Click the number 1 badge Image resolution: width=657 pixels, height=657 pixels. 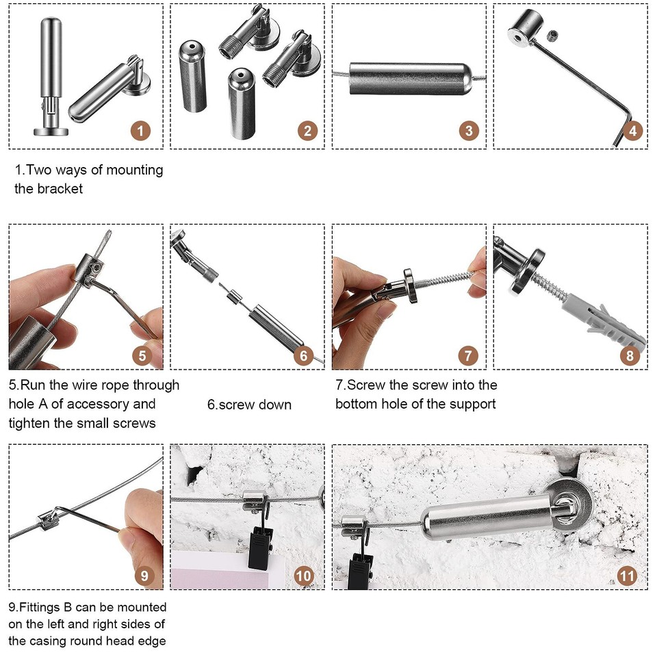[140, 130]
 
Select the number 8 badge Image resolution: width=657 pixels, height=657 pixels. [630, 356]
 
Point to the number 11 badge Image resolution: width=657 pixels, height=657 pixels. [627, 576]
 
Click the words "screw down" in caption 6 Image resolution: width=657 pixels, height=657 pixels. [249, 404]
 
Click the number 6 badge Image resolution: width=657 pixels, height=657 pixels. [304, 356]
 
